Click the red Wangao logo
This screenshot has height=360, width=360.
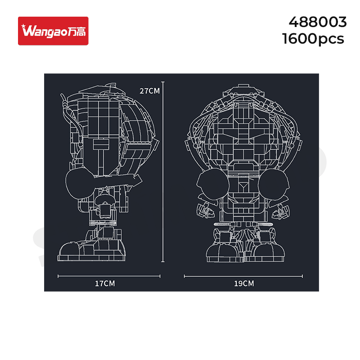[x=53, y=31]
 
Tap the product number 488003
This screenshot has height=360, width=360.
[x=318, y=22]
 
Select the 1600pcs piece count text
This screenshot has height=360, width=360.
[x=313, y=39]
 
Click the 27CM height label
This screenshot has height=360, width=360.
[x=150, y=91]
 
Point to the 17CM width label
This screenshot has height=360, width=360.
[x=105, y=283]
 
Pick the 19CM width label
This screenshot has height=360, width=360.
[x=244, y=283]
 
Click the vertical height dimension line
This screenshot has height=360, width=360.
[x=163, y=171]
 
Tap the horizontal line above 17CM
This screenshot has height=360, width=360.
[x=109, y=276]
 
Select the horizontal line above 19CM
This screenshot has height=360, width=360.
[x=243, y=276]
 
